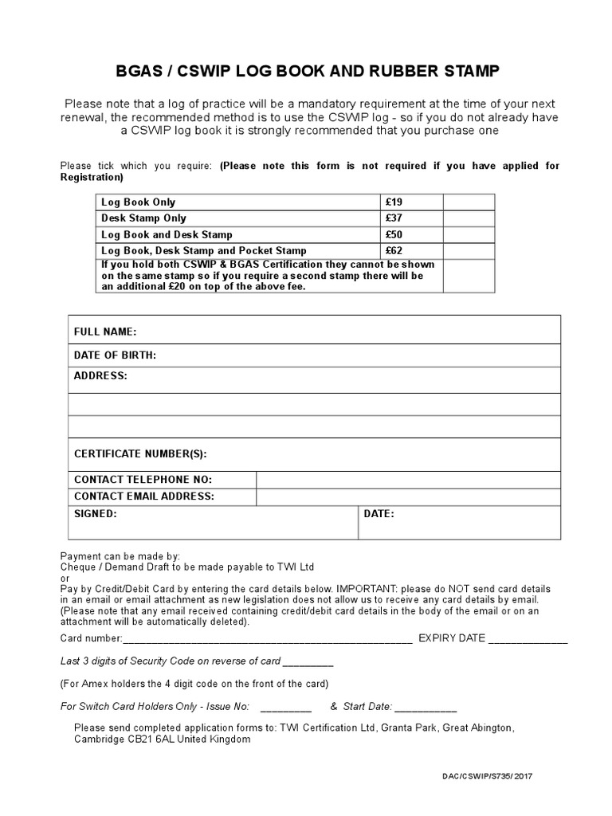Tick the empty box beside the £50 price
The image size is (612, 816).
(x=469, y=234)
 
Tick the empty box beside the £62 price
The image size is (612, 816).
(x=469, y=250)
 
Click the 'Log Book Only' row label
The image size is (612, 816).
(x=139, y=202)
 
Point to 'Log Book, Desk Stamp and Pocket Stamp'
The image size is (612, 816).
(x=204, y=250)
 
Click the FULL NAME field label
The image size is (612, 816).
(x=105, y=331)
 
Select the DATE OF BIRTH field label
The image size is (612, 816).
(x=115, y=355)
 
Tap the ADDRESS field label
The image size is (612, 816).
(x=100, y=375)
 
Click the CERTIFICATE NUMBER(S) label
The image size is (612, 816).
(x=140, y=454)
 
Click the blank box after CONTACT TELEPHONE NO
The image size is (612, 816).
(x=408, y=480)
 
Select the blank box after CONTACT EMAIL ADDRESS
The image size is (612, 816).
(x=408, y=496)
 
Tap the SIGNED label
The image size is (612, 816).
(x=96, y=515)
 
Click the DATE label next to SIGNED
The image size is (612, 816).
(x=379, y=515)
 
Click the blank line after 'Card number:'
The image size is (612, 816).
(x=267, y=639)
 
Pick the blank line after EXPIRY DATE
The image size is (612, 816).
(x=528, y=639)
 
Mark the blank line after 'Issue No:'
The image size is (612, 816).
(x=285, y=708)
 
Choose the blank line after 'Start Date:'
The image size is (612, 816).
(x=426, y=708)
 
